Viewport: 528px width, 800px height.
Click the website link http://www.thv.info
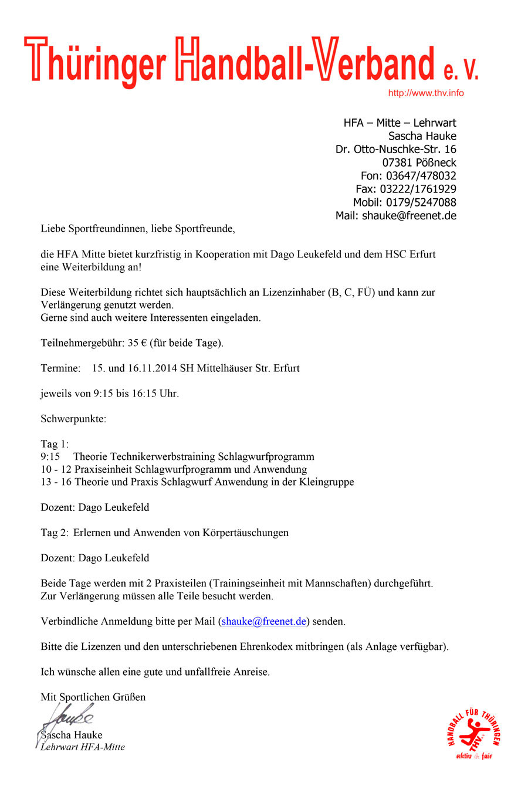coord(425,93)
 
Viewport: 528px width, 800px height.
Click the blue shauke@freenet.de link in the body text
coord(264,621)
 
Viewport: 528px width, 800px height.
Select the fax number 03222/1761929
coord(418,189)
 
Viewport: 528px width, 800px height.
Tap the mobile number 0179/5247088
coord(421,202)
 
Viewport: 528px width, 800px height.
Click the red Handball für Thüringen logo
coord(473,734)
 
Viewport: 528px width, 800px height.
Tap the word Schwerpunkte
coord(73,419)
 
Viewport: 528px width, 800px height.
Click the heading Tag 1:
coord(55,444)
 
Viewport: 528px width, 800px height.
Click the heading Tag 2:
coord(55,533)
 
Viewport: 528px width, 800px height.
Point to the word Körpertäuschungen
coord(246,533)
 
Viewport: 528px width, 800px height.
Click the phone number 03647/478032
coord(421,175)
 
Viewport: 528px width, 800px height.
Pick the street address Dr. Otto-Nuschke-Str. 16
coord(395,149)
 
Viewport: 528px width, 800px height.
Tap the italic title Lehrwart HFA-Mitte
coord(83,747)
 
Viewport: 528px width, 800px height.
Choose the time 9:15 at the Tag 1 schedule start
coord(50,456)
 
